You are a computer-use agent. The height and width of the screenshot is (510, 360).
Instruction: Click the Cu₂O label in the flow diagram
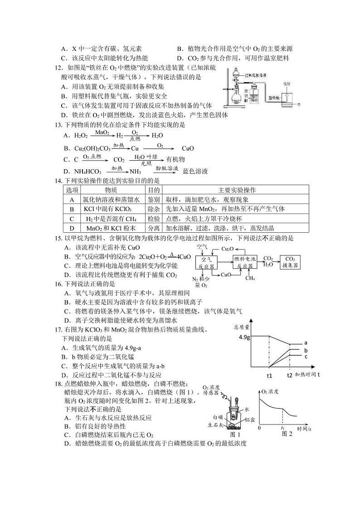pyautogui.click(x=227, y=249)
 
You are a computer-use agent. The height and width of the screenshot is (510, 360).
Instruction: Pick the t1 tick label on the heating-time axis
pyautogui.click(x=269, y=376)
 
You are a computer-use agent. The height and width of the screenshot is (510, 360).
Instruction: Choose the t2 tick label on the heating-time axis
pyautogui.click(x=290, y=376)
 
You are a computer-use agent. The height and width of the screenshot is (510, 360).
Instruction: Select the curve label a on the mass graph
pyautogui.click(x=306, y=343)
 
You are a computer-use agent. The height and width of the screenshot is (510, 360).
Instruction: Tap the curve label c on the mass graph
pyautogui.click(x=306, y=357)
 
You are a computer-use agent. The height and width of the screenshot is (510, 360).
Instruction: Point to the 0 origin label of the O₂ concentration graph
pyautogui.click(x=259, y=428)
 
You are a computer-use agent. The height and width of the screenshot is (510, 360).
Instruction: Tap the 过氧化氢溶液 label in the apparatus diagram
pyautogui.click(x=255, y=74)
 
